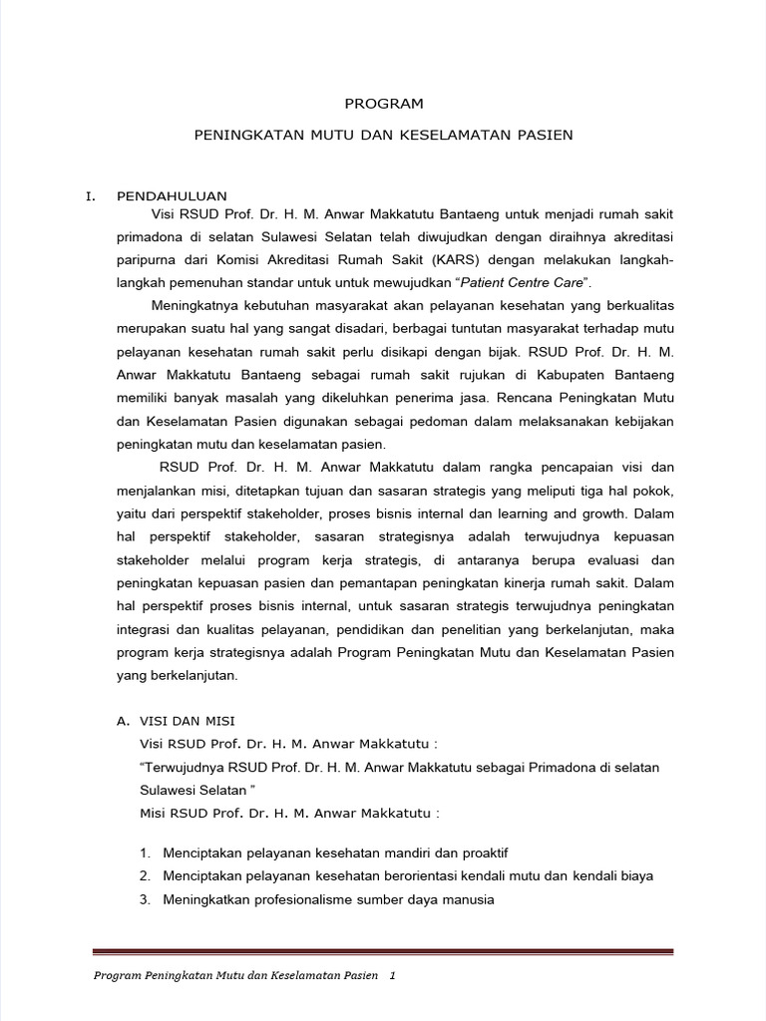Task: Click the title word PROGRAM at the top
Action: pos(384,103)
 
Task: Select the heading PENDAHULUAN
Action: pos(172,195)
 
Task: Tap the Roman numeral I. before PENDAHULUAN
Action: pos(91,195)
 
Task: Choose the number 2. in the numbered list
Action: pos(145,876)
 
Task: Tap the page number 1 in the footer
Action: pos(393,976)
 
